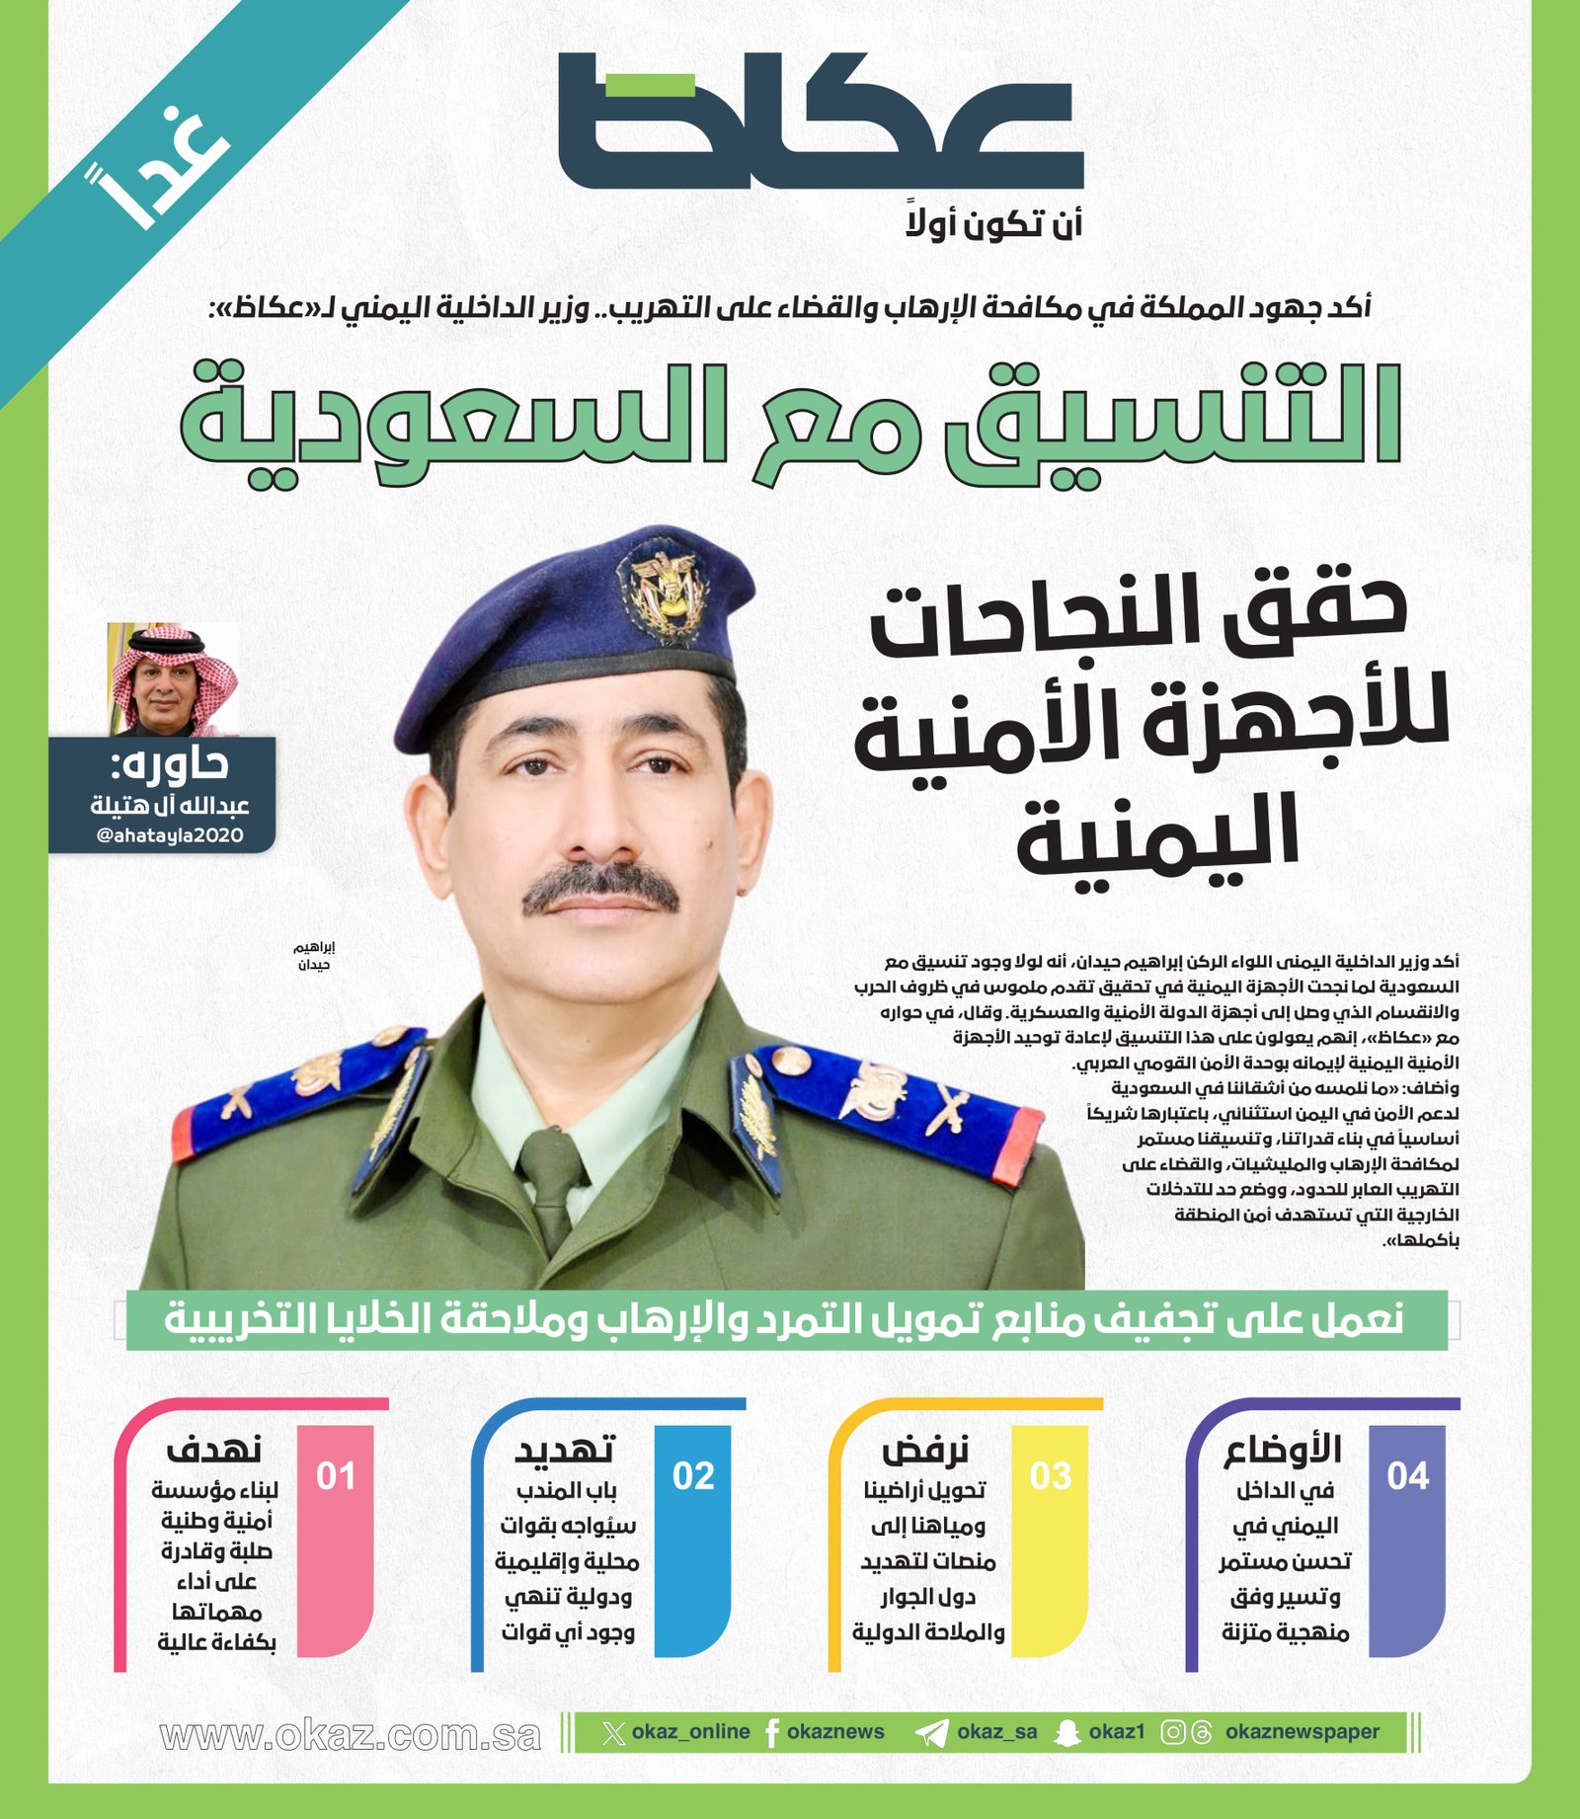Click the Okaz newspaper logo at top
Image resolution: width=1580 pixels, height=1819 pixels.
tap(820, 120)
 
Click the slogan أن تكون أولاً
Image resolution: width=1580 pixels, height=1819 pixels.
tap(994, 225)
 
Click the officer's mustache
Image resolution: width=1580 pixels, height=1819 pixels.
tap(600, 889)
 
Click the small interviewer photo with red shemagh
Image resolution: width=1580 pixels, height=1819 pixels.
tap(172, 679)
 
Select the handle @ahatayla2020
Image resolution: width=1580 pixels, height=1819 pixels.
tap(170, 835)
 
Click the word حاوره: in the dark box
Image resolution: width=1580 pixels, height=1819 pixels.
tap(170, 764)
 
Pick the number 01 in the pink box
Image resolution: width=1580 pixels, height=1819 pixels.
tap(336, 1475)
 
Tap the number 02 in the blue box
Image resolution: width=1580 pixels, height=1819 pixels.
tap(692, 1475)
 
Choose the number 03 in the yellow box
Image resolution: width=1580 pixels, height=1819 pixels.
tap(1050, 1475)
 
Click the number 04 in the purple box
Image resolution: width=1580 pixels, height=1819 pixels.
tap(1407, 1475)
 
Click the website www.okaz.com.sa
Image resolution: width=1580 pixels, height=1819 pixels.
tap(351, 1735)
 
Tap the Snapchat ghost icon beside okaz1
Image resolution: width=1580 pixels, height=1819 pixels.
tap(1067, 1733)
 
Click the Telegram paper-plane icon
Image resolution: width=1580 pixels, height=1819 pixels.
tap(930, 1733)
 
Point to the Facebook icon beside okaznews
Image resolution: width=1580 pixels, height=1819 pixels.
tap(772, 1733)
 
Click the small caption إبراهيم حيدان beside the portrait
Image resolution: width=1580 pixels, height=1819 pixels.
tap(314, 956)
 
